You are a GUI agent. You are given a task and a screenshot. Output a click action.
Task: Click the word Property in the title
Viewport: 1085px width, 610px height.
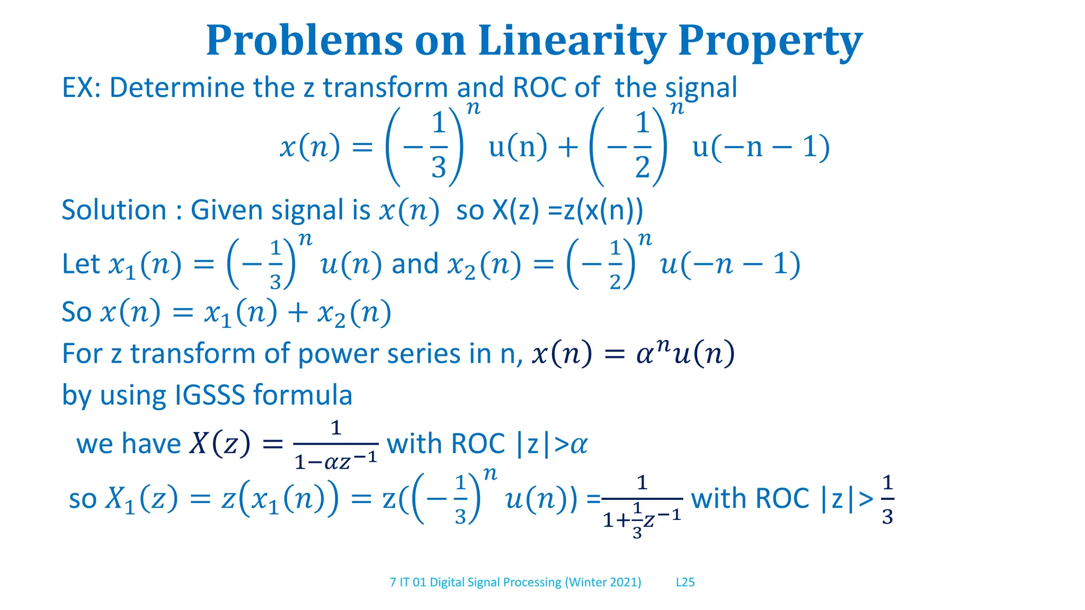point(770,41)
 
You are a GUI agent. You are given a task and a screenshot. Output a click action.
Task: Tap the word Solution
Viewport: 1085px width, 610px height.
point(114,210)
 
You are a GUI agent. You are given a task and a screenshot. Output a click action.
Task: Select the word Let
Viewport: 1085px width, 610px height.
point(81,264)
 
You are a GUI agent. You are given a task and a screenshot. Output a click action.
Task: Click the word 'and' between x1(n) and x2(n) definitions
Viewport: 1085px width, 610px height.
point(415,264)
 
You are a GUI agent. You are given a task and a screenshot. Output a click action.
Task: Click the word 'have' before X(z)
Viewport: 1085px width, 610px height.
point(155,443)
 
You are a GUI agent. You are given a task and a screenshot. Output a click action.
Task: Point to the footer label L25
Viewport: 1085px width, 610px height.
point(685,582)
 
